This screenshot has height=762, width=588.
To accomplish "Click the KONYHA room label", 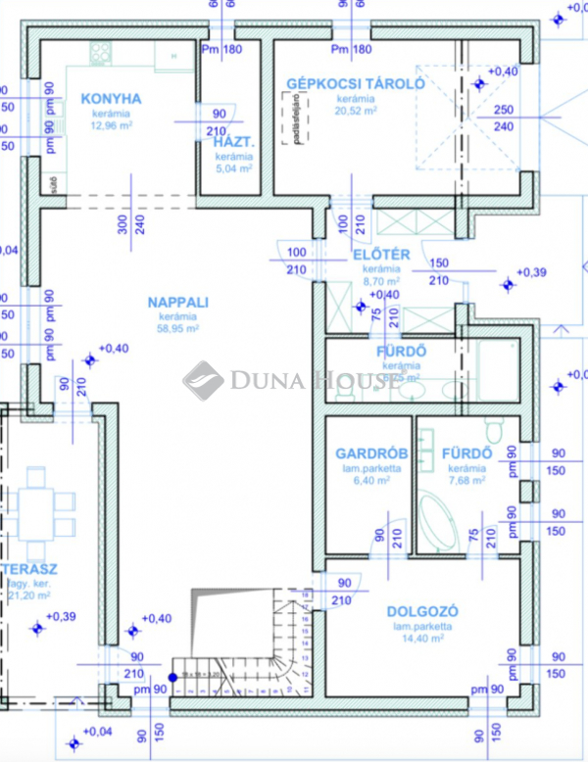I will pyautogui.click(x=111, y=98).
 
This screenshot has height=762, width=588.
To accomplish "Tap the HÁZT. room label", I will pyautogui.click(x=234, y=142).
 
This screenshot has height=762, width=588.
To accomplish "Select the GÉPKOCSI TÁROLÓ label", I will pyautogui.click(x=355, y=84).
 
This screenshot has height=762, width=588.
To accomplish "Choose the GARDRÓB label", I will pyautogui.click(x=366, y=454).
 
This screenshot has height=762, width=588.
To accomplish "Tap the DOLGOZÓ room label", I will pyautogui.click(x=422, y=611).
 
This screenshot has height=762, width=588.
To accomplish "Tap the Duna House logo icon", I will pyautogui.click(x=203, y=380).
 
